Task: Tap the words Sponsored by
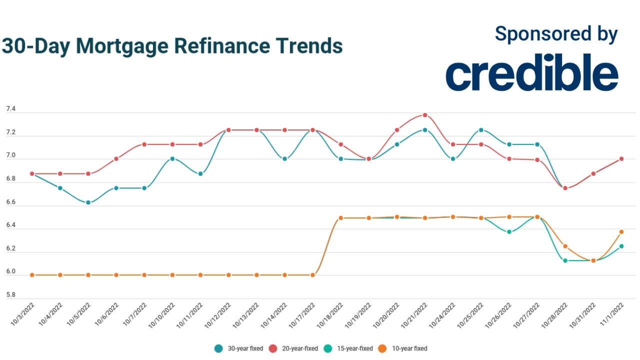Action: point(556,33)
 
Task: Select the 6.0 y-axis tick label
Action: point(10,272)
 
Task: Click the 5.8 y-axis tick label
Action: point(10,295)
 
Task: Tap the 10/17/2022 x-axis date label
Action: point(302,315)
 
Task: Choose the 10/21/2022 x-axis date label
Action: point(415,315)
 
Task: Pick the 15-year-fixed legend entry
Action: point(348,348)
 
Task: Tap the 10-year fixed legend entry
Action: point(403,348)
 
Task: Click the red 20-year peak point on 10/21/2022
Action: point(425,115)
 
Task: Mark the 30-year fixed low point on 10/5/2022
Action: point(88,202)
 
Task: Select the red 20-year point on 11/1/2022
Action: point(621,159)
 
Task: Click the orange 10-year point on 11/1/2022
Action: point(621,232)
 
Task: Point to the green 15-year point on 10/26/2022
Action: point(509,232)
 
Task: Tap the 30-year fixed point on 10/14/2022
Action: point(284,159)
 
